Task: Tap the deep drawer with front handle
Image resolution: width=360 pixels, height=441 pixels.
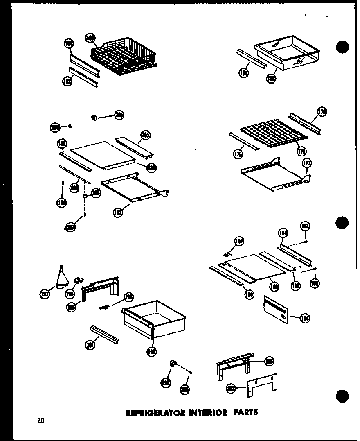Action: pyautogui.click(x=154, y=319)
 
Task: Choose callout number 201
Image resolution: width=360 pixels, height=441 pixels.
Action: pyautogui.click(x=90, y=345)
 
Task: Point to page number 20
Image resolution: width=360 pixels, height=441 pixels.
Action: pyautogui.click(x=40, y=421)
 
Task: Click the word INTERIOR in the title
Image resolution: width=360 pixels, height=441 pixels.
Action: pyautogui.click(x=207, y=413)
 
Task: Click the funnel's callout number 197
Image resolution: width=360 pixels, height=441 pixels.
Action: pyautogui.click(x=46, y=293)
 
